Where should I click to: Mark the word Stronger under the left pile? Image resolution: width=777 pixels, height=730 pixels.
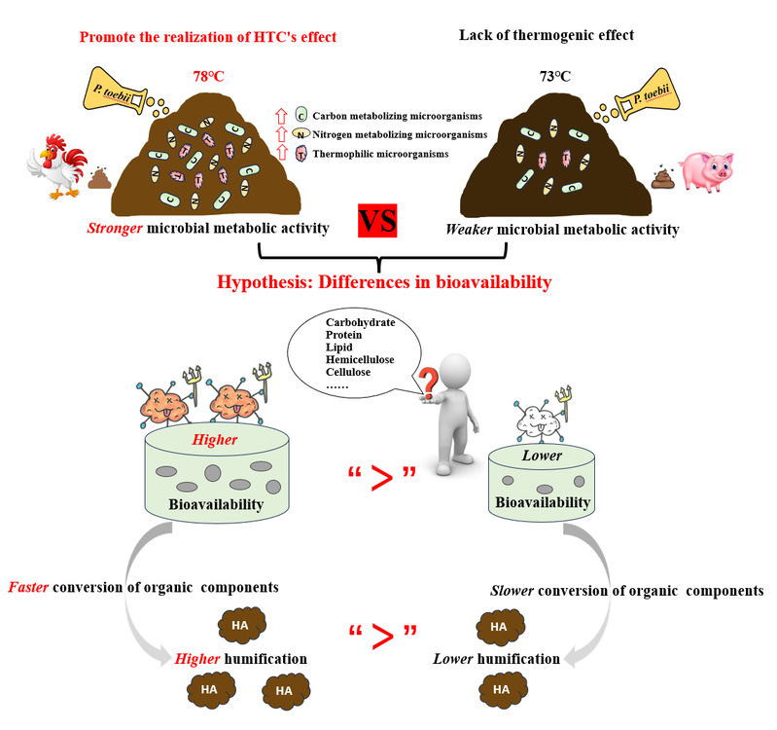(x=119, y=230)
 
